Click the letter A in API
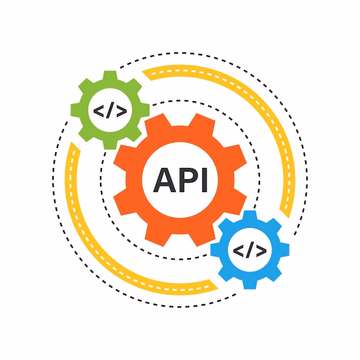point(164,180)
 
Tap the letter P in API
point(189,180)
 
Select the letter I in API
point(204,180)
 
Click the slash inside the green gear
point(110,110)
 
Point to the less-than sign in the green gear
point(99,111)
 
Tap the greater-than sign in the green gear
point(122,111)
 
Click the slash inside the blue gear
point(250,250)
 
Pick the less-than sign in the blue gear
point(238,251)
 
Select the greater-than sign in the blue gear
point(261,251)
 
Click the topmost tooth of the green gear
point(110,75)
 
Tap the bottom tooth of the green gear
point(110,145)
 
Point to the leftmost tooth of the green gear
point(75,110)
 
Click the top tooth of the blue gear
point(250,215)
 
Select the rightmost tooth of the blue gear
point(285,250)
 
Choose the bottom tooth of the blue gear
point(250,285)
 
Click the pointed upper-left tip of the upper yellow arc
point(143,72)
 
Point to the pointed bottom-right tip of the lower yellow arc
point(217,288)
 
